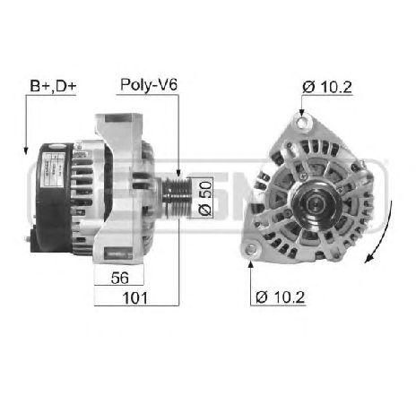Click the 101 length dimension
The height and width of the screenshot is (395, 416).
136,297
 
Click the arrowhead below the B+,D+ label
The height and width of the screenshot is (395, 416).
28,149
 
